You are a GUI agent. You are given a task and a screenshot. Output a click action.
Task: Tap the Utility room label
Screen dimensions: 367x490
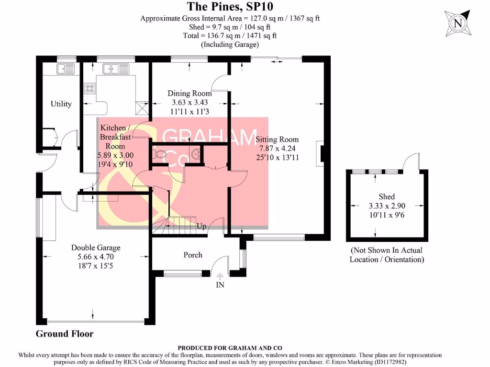(x=61, y=104)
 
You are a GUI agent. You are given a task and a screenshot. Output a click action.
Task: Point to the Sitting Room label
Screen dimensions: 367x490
(x=277, y=140)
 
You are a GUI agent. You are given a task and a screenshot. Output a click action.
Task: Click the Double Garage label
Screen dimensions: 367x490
(x=96, y=248)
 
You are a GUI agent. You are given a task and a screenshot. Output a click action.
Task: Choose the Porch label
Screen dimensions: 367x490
(x=193, y=255)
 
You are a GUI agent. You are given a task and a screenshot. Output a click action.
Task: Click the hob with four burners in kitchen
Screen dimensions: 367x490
(x=89, y=88)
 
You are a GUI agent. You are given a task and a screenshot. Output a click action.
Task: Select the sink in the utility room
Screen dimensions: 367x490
(x=66, y=69)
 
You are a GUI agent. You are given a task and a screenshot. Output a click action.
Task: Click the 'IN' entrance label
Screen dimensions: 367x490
(x=220, y=285)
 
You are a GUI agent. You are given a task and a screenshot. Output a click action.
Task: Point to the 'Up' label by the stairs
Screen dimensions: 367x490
(x=201, y=226)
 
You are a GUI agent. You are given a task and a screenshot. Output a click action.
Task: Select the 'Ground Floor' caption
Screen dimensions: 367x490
(x=65, y=334)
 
